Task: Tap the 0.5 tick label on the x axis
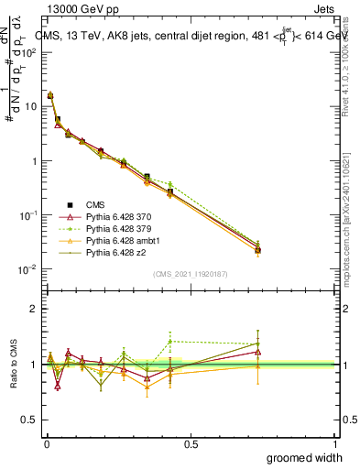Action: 190,443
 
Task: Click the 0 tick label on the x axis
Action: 46,443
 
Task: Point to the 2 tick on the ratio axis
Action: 34,309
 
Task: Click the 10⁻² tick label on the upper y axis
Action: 27,269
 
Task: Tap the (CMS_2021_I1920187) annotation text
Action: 190,274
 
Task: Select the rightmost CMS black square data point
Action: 258,249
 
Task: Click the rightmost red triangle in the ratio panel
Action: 258,352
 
